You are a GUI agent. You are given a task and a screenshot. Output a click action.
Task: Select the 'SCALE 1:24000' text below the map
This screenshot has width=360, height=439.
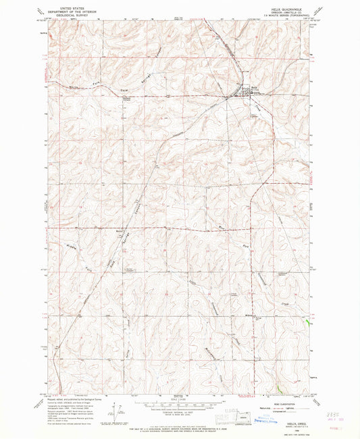pos(179,401)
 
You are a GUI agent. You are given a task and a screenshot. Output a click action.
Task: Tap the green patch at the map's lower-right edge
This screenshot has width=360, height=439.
pos(278,388)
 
